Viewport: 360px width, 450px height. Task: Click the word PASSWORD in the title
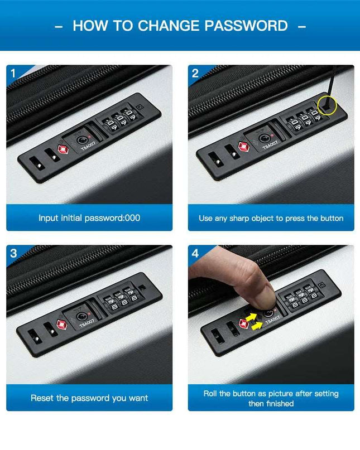click(x=246, y=26)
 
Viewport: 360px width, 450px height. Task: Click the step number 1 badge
click(x=13, y=74)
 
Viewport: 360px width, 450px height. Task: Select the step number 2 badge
click(x=195, y=74)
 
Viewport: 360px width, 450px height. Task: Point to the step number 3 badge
click(x=13, y=253)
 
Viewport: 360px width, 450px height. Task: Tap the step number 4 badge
click(x=195, y=253)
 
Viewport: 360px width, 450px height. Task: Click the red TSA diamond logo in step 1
click(x=63, y=149)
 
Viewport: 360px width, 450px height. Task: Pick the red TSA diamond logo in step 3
click(x=62, y=325)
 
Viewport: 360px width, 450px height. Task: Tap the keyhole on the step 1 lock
click(x=82, y=140)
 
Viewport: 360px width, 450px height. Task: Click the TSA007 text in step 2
click(x=271, y=144)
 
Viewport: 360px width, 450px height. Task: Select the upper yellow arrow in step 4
click(x=251, y=317)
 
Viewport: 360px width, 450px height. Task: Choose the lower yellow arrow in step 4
click(x=257, y=326)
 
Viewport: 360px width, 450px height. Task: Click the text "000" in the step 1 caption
click(x=132, y=218)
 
